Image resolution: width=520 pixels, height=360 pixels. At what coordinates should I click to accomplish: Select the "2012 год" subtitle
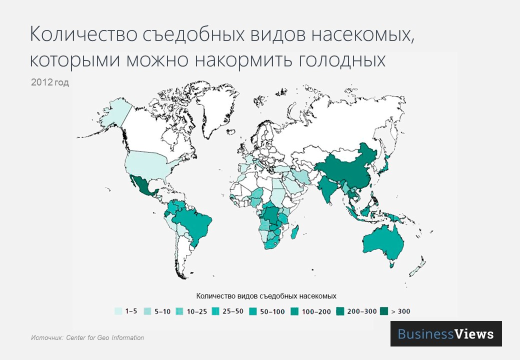[49, 82]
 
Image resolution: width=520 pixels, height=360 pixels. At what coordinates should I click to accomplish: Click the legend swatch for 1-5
[118, 311]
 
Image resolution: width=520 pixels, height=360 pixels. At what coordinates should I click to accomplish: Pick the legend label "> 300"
[400, 311]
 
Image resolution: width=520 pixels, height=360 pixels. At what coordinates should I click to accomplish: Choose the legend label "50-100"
[272, 311]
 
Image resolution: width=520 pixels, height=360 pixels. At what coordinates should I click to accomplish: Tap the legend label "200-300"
[362, 311]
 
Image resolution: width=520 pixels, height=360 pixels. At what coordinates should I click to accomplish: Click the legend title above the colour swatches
[266, 295]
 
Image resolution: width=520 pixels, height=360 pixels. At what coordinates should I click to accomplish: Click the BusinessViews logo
[445, 333]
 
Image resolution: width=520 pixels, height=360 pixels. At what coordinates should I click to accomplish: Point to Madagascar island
[296, 231]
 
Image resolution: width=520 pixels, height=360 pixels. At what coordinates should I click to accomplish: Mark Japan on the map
[384, 165]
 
